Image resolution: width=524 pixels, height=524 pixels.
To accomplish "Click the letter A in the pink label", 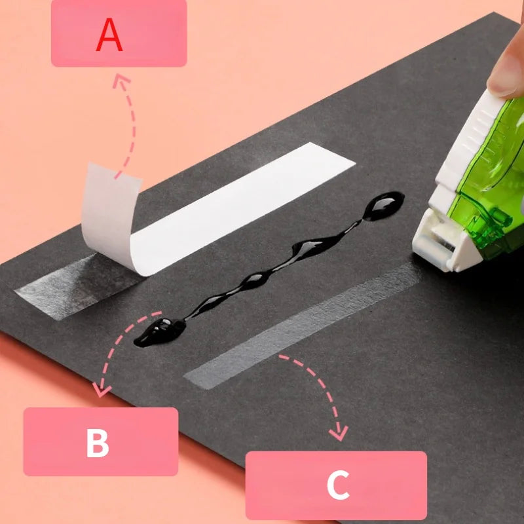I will (109, 35).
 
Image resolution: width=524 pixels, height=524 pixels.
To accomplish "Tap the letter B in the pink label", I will (98, 443).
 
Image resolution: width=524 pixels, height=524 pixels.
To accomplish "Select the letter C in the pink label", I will (337, 485).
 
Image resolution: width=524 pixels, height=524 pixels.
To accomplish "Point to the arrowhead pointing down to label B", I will (100, 392).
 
